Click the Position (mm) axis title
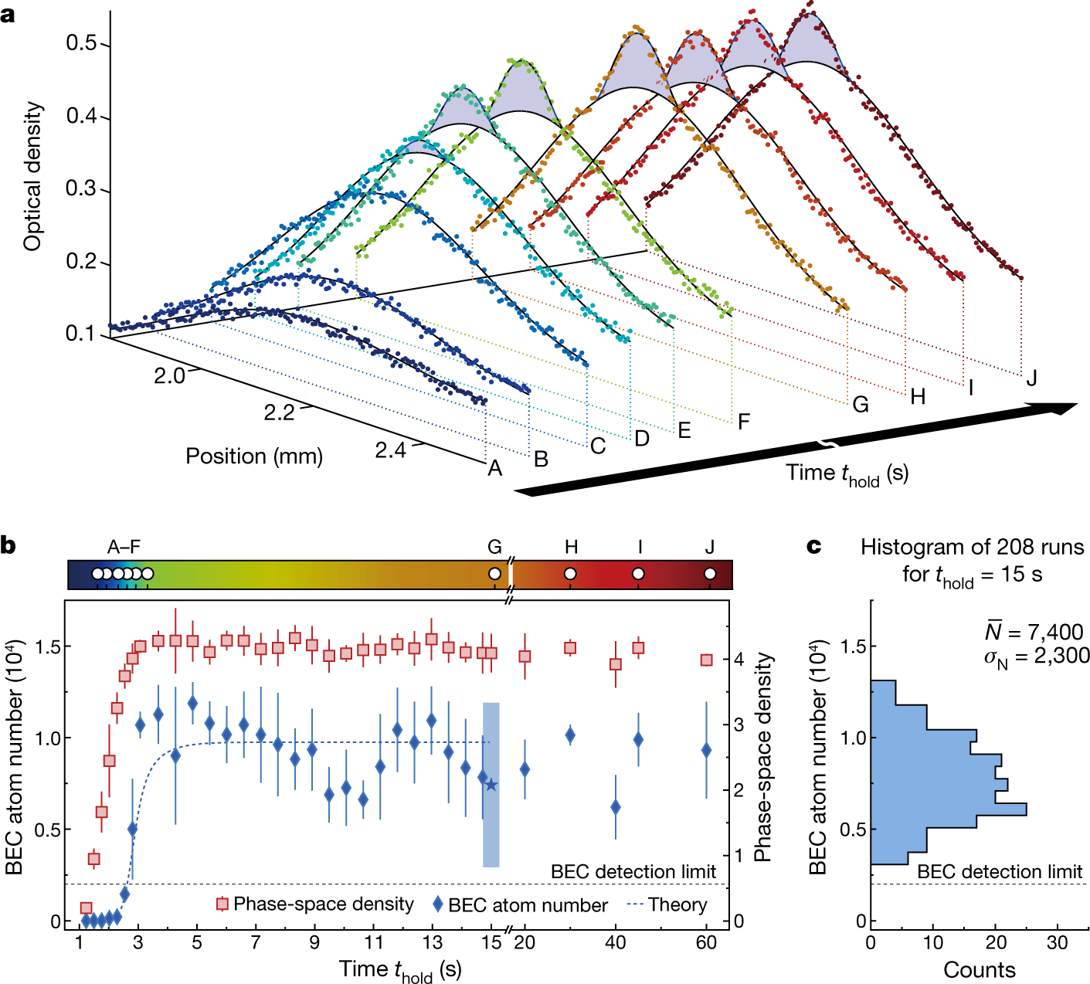253,456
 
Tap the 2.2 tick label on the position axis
279,412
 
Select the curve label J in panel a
1031,378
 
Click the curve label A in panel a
494,468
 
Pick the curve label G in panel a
861,404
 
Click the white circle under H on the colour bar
571,574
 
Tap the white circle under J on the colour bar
710,574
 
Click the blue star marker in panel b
491,786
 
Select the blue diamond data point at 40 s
616,807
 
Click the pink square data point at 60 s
706,660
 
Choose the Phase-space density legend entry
315,904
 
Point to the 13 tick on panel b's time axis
433,942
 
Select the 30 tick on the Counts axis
1057,943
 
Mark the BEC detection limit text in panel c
1000,872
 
